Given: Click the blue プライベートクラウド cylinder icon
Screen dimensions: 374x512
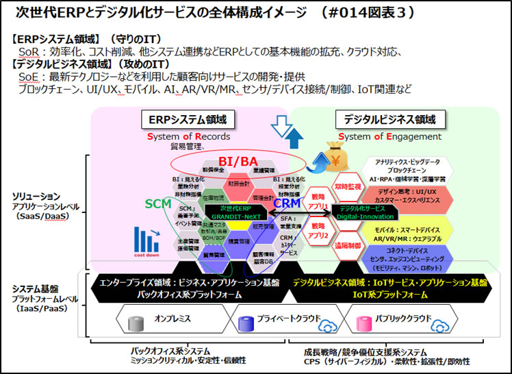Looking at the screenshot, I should (246, 319).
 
